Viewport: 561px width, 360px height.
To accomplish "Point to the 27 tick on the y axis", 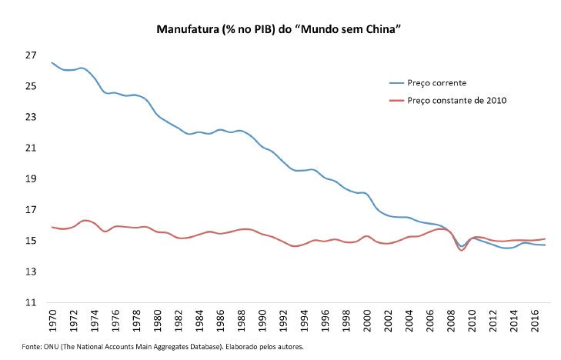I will click(31, 55).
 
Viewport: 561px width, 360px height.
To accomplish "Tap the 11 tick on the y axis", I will click(31, 303).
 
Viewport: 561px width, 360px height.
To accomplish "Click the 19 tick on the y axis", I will click(31, 179).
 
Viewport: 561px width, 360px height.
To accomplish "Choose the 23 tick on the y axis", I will click(31, 117).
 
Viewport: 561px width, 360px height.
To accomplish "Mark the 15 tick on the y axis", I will click(31, 241).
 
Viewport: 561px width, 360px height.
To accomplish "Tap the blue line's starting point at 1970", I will click(52, 63).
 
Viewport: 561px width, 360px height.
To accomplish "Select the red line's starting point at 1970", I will click(52, 227).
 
